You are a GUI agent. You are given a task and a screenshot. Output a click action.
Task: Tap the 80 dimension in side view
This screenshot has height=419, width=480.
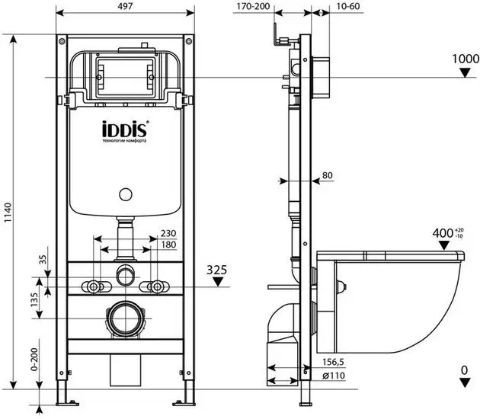[x=328, y=176]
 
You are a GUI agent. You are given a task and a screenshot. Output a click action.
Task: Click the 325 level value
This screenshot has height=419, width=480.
[x=219, y=269]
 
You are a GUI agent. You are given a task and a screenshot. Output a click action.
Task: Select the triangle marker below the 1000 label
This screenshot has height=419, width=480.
[x=466, y=73]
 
